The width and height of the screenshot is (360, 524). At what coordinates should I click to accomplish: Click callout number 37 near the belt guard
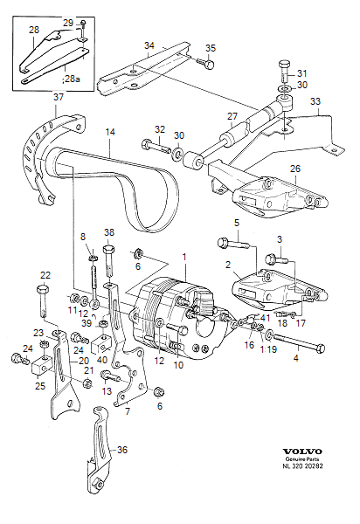coord(59,98)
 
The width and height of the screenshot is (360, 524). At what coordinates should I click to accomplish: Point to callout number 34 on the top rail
coord(149,45)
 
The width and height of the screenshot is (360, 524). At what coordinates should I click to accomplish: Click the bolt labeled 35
coord(206,63)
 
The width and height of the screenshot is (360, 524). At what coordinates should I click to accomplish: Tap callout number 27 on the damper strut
coord(232,116)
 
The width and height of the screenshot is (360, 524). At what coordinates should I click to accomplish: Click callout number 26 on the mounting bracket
coord(294,169)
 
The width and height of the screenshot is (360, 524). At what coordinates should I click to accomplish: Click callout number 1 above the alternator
coord(184,257)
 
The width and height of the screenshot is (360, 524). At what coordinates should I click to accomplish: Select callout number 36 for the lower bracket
coord(121,450)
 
